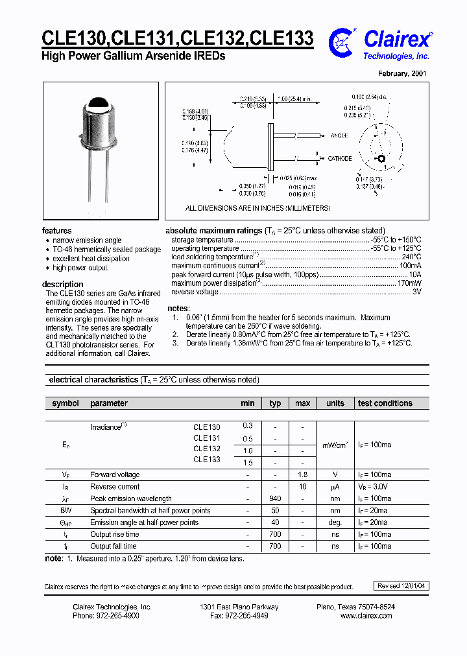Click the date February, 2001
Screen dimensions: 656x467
[x=402, y=74]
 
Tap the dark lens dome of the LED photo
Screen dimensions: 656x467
[x=101, y=103]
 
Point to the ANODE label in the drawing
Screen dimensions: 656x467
[x=339, y=135]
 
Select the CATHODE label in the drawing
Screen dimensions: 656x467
[x=339, y=158]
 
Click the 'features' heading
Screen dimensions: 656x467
[x=57, y=231]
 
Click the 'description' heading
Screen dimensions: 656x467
[x=62, y=284]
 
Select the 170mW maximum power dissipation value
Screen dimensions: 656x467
[x=409, y=283]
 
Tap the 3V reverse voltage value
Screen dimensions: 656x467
[x=416, y=292]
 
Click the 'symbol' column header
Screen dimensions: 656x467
[x=65, y=403]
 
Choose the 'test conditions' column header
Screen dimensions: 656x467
[x=385, y=403]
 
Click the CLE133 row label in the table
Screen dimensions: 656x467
[x=207, y=460]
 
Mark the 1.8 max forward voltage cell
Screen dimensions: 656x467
[x=302, y=474]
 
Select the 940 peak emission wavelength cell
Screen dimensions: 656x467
[x=275, y=498]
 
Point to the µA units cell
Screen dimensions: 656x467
[x=335, y=487]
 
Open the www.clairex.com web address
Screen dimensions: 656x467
[x=366, y=616]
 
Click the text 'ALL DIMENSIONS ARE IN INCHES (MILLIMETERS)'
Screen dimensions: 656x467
[x=257, y=208]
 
